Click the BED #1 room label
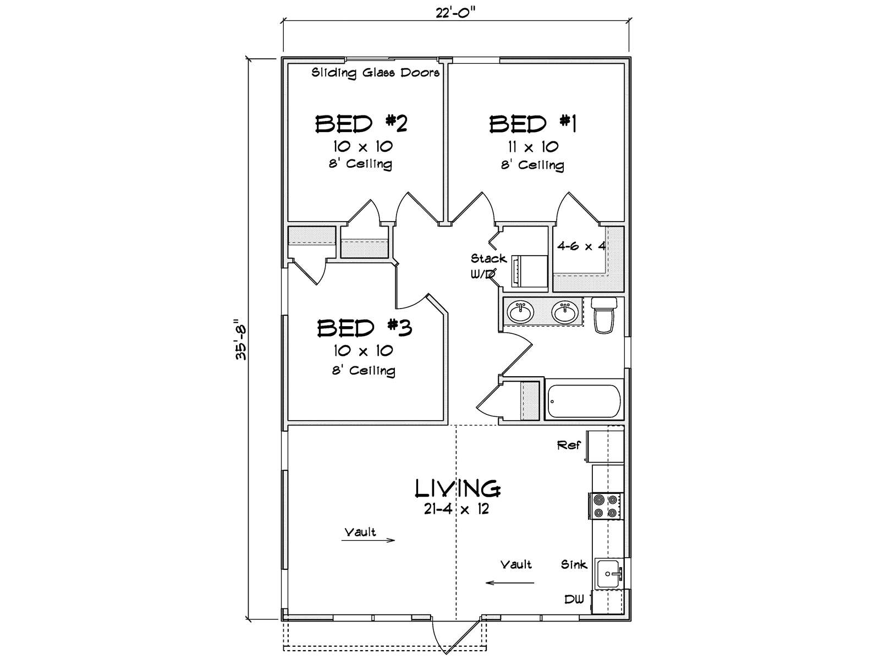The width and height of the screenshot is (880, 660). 532,124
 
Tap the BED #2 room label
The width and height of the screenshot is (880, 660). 361,124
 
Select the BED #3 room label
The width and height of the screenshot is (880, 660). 364,328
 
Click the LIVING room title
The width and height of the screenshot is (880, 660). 457,488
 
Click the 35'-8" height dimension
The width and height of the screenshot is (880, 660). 241,339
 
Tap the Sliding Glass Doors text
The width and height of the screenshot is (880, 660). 376,73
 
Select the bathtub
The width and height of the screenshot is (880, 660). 584,402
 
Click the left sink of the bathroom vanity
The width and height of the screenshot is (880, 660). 520,312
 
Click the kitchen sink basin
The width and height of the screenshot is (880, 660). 608,574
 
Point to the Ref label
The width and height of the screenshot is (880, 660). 569,445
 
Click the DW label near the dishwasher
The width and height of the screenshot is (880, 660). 574,599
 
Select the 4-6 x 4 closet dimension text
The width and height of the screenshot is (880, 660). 581,246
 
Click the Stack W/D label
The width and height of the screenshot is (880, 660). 488,266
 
